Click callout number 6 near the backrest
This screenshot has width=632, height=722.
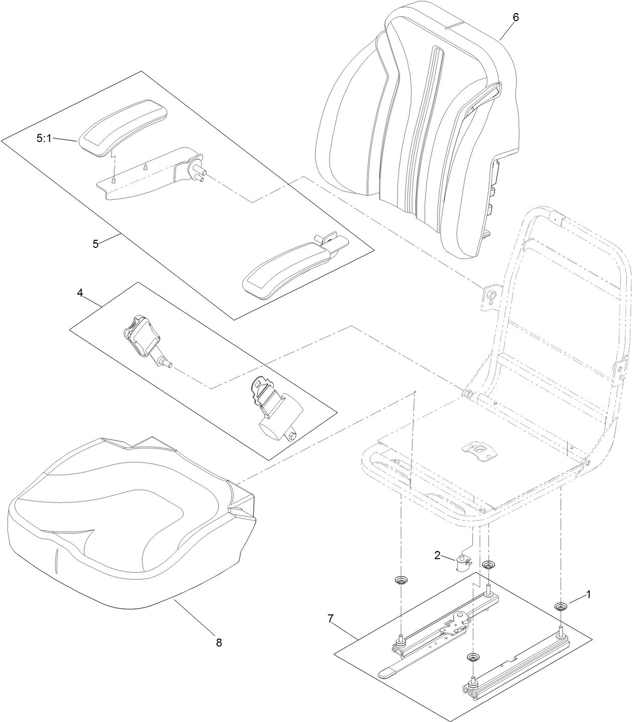click(x=515, y=17)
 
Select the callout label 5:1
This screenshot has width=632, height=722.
click(x=44, y=138)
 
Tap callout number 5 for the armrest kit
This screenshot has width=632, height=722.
click(x=95, y=244)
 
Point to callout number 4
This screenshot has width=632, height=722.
click(x=79, y=292)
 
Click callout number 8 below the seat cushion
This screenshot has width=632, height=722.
click(x=219, y=642)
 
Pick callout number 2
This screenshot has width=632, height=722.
click(x=437, y=555)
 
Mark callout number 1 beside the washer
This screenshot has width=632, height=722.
click(x=588, y=594)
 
